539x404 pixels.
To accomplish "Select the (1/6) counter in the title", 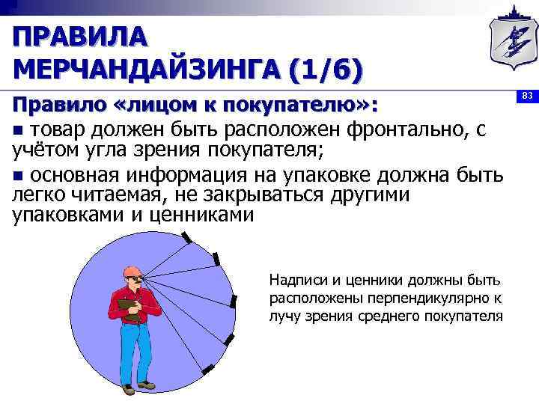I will (x=325, y=70).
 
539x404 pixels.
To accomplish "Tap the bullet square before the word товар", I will (x=19, y=131).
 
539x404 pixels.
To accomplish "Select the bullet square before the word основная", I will (x=19, y=176).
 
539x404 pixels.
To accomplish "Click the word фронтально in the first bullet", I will (x=405, y=130).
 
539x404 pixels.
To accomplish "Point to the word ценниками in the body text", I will (x=202, y=215).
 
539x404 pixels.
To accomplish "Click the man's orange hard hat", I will (x=133, y=269).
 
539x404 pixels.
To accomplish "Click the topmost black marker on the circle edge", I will (x=186, y=239).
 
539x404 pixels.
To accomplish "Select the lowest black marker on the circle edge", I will (x=207, y=369).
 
